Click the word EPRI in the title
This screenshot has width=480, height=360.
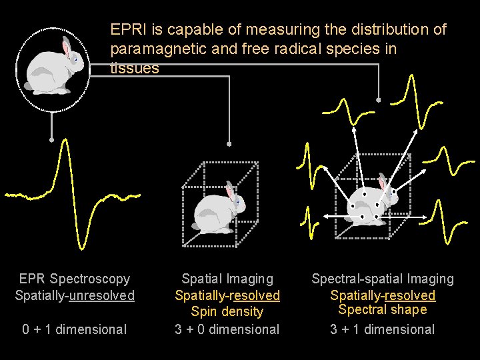coord(125,30)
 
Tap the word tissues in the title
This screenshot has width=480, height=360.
coord(135,68)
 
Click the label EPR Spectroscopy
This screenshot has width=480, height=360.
coord(75,279)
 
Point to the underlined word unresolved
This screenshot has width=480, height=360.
coord(102,295)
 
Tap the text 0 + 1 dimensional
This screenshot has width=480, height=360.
coord(74,329)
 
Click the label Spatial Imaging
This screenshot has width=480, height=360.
coord(227,279)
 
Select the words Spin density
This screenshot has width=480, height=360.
coord(227,311)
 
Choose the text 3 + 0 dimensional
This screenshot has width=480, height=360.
coord(227,329)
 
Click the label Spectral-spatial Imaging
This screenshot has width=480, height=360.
coord(383,279)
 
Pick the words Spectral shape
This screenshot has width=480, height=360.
coord(383,309)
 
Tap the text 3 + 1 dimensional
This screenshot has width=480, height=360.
coord(383,329)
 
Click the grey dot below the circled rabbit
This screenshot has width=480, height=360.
coord(51,140)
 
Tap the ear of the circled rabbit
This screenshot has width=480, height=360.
coord(66,47)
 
